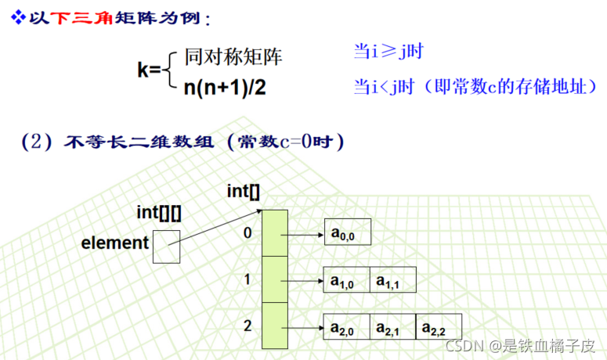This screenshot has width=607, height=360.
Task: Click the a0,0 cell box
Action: click(x=345, y=232)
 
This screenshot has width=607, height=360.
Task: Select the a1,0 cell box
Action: click(x=345, y=280)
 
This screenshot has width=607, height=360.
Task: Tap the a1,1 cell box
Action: click(x=392, y=280)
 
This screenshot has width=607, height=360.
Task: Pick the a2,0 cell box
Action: click(x=345, y=326)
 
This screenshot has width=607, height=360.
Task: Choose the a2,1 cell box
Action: click(x=392, y=326)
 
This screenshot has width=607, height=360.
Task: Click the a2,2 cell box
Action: click(x=438, y=326)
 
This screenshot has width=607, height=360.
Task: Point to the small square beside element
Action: click(x=166, y=248)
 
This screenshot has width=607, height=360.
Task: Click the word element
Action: click(x=114, y=243)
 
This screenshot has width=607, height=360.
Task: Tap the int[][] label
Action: click(x=159, y=212)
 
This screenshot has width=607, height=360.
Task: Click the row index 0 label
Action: click(x=247, y=232)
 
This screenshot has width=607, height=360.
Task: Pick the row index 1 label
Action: click(x=247, y=279)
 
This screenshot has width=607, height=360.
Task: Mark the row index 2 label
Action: click(x=247, y=325)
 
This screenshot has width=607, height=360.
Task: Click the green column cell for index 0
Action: click(x=275, y=232)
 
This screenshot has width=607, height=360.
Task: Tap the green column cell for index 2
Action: click(x=275, y=326)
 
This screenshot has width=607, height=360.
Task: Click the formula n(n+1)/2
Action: click(x=225, y=87)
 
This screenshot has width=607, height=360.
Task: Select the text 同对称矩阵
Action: click(x=233, y=56)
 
